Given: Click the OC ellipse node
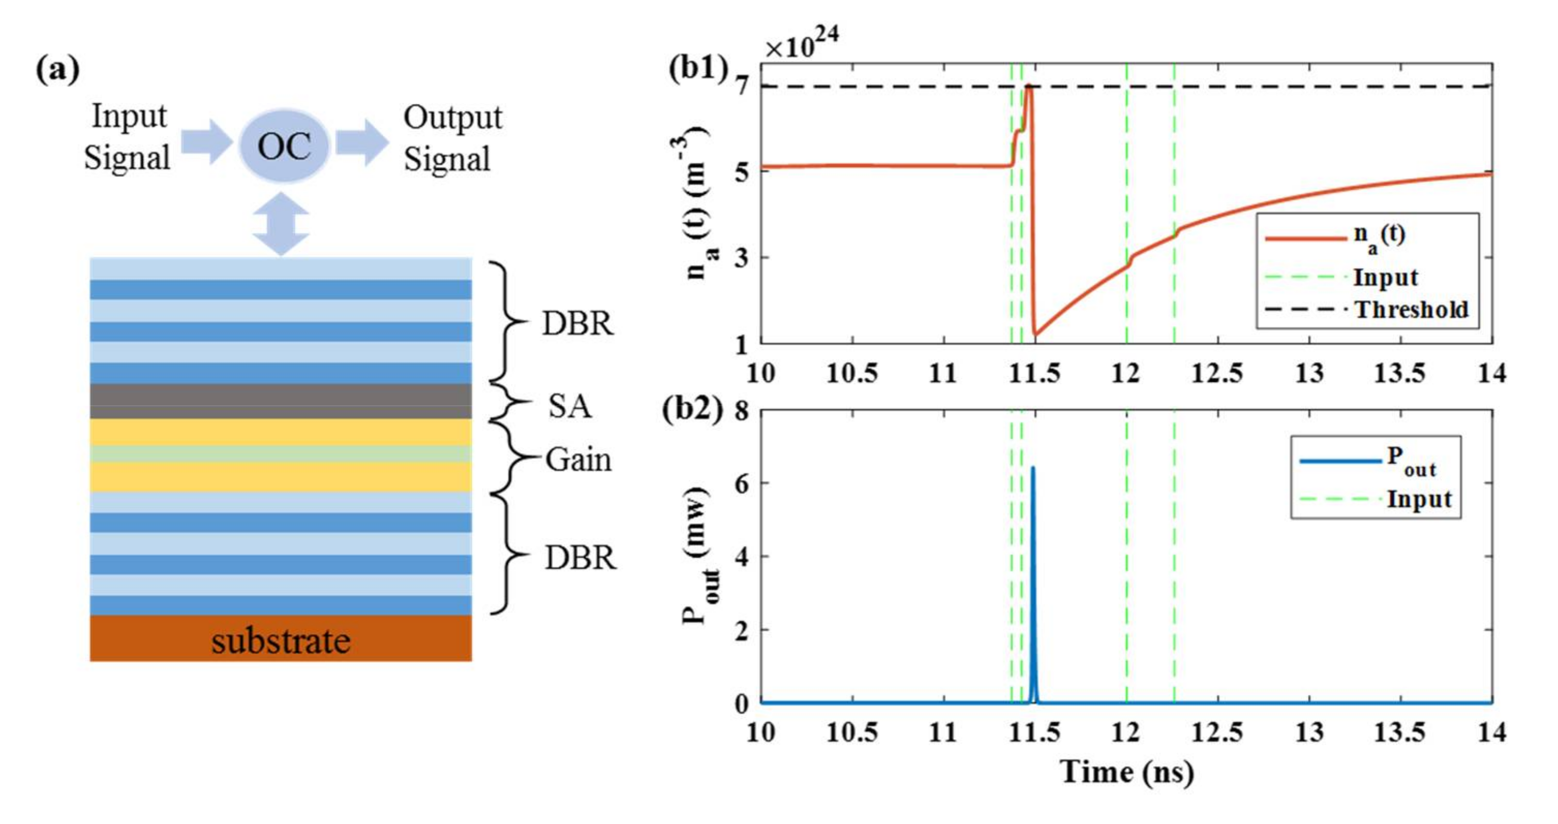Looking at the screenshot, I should click(x=284, y=146).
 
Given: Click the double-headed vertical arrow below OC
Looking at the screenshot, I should click(x=281, y=224).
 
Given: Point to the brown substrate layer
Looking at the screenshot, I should click(x=281, y=639).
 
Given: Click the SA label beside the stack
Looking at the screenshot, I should click(x=569, y=406).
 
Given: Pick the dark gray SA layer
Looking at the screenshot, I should click(x=281, y=401).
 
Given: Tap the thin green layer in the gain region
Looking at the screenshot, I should click(x=281, y=454).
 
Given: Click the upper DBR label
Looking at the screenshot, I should click(x=577, y=323).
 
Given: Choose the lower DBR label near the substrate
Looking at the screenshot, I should click(x=580, y=557).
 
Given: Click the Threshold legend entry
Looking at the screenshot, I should click(x=1411, y=309).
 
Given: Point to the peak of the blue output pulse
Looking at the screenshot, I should click(x=1032, y=468).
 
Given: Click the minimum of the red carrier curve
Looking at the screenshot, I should click(x=1036, y=334).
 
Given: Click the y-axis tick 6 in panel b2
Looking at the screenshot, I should click(x=741, y=484).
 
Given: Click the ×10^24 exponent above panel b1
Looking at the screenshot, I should click(x=801, y=45).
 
